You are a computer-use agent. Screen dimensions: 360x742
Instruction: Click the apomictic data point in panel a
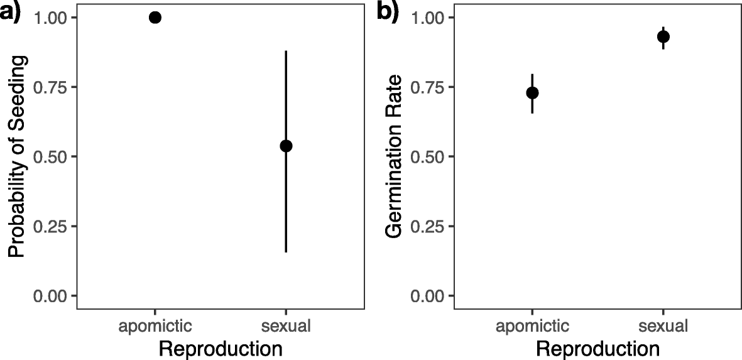[x=155, y=18]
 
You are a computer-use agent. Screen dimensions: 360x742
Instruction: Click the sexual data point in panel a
[x=286, y=146]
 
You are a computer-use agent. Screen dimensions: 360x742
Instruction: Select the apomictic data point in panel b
[x=532, y=92]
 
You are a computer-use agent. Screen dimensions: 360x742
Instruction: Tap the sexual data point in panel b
[x=663, y=36]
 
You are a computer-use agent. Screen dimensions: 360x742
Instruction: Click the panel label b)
[x=388, y=13]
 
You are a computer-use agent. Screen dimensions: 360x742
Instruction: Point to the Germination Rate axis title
[x=394, y=156]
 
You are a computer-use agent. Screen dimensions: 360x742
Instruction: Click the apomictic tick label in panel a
[x=155, y=326]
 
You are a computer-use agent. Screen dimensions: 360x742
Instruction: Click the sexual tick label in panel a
[x=286, y=326]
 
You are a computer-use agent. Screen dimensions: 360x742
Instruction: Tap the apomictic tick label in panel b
[x=532, y=326]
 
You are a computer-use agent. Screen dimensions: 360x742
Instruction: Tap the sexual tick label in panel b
[x=663, y=326]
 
